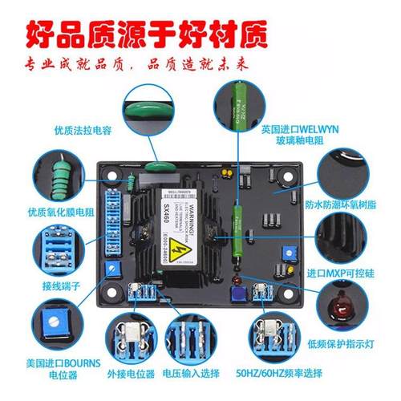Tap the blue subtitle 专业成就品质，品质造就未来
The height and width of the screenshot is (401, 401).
pos(200,65)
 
